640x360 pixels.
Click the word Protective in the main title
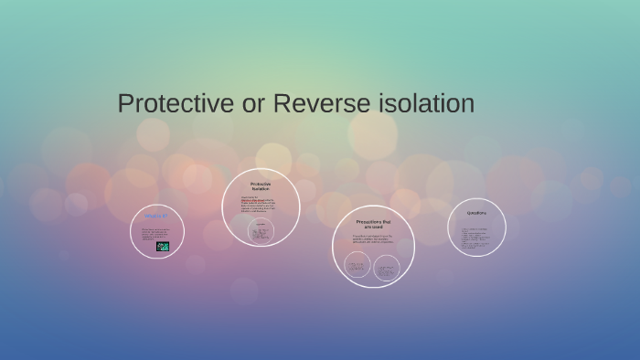coord(176,104)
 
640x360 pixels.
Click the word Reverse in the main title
coord(317,104)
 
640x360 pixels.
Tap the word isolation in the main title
coord(425,104)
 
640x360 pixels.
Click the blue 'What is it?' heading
coord(156,217)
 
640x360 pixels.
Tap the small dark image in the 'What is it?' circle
coord(163,246)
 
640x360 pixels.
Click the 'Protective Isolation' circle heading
coord(261,185)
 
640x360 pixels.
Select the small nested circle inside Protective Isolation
coord(261,231)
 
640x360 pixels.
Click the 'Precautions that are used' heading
coord(373,224)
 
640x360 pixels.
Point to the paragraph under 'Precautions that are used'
coord(372,240)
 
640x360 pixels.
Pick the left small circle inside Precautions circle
coord(357,266)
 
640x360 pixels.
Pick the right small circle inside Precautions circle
coord(387,267)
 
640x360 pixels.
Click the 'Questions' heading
coord(476,213)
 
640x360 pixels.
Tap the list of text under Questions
coord(475,238)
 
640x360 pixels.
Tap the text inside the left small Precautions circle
coord(357,266)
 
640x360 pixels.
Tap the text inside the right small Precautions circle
coord(387,267)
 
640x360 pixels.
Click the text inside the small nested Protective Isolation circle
coord(261,233)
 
